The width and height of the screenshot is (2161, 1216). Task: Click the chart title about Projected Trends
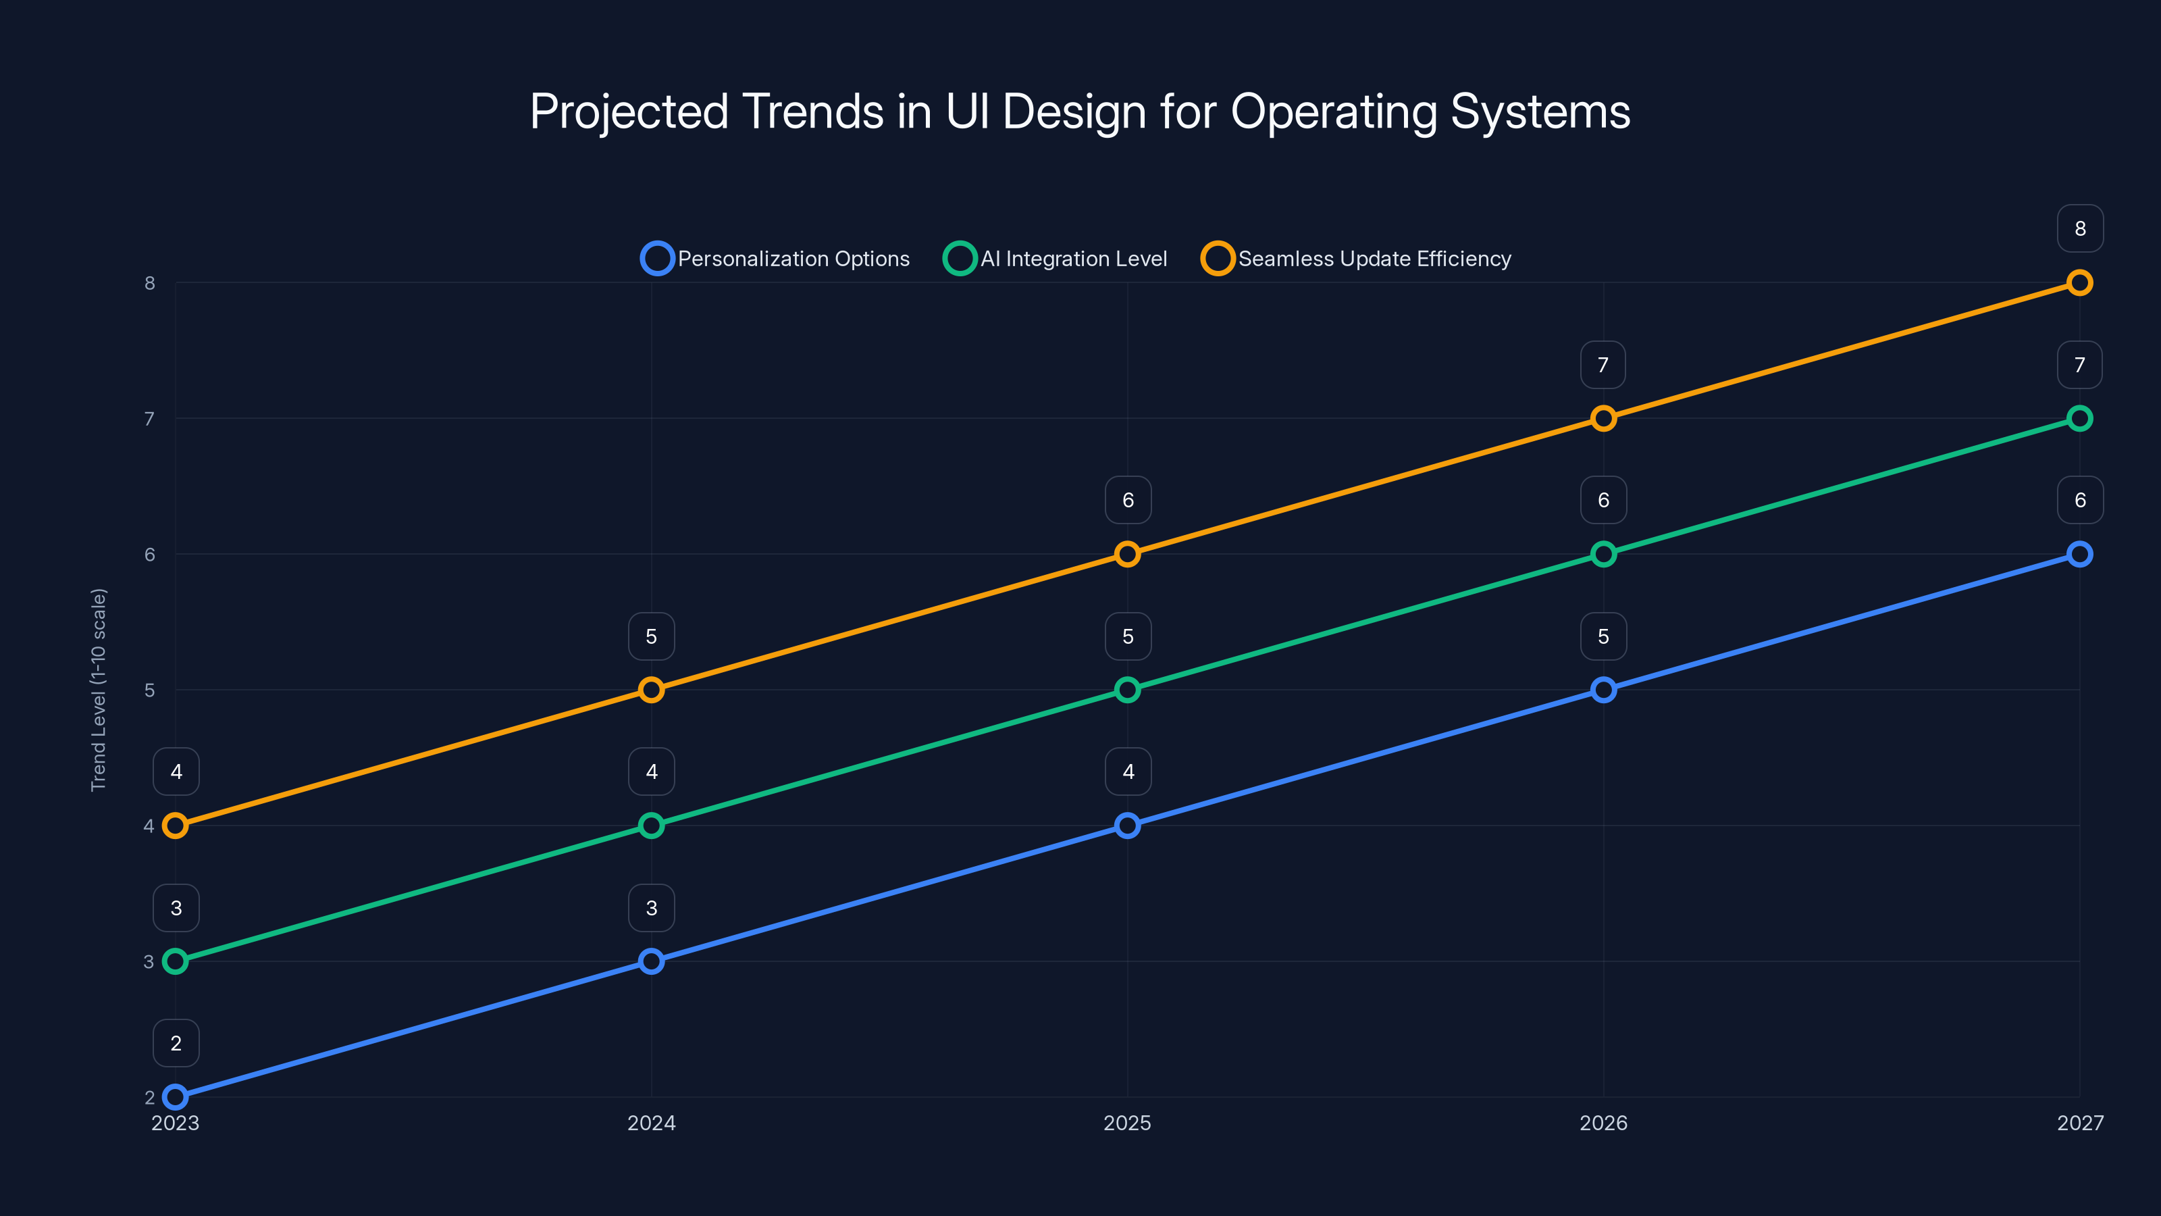(x=1080, y=111)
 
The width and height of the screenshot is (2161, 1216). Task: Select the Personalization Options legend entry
(x=775, y=259)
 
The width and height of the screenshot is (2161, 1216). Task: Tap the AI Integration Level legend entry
(x=1056, y=259)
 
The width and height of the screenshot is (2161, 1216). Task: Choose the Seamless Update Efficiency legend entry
(x=1357, y=259)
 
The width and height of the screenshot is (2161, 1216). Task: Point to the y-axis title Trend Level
(x=99, y=689)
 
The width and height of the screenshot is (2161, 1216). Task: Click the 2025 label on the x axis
(x=1126, y=1123)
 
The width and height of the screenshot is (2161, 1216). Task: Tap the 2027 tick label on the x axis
(x=2080, y=1123)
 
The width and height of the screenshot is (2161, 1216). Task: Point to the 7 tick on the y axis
(x=149, y=419)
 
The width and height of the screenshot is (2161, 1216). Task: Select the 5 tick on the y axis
(x=149, y=690)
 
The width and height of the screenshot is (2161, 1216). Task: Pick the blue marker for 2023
(x=176, y=1097)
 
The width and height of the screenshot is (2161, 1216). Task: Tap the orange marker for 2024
(x=651, y=690)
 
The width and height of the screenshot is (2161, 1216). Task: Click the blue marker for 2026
(x=1603, y=690)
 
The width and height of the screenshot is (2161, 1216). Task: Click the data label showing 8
(x=2080, y=228)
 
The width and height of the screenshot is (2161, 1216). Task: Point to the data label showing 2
(x=176, y=1043)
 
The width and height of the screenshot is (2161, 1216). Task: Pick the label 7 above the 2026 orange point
(x=1603, y=365)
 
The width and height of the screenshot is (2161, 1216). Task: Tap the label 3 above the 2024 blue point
(x=652, y=908)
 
